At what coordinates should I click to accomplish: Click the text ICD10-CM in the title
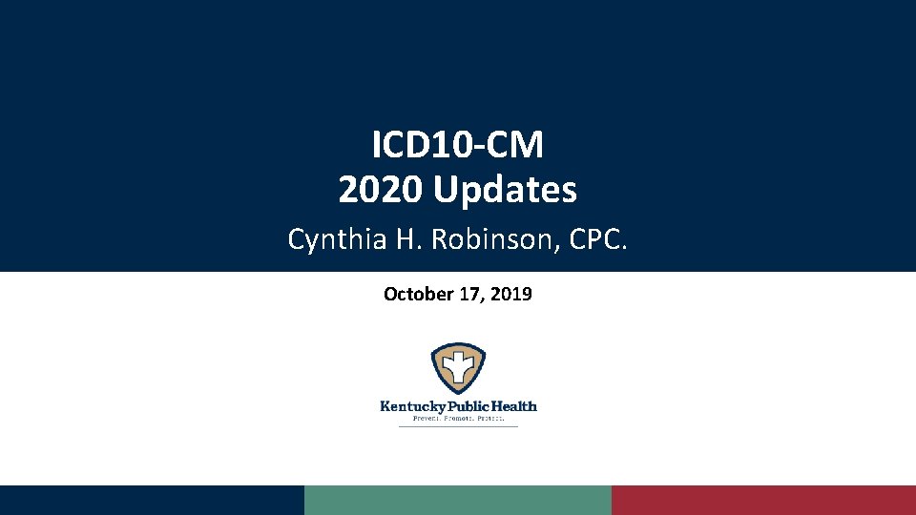[x=458, y=146]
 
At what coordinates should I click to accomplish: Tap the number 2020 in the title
[x=382, y=190]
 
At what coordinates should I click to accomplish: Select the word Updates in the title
[x=505, y=191]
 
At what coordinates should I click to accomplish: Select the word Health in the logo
[x=513, y=405]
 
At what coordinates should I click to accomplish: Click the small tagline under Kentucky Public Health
[x=458, y=418]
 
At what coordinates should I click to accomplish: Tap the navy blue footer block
[x=152, y=500]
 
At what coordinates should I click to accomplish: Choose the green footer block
[x=458, y=500]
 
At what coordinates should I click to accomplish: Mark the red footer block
[x=763, y=500]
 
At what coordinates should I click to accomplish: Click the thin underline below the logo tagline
[x=458, y=425]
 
